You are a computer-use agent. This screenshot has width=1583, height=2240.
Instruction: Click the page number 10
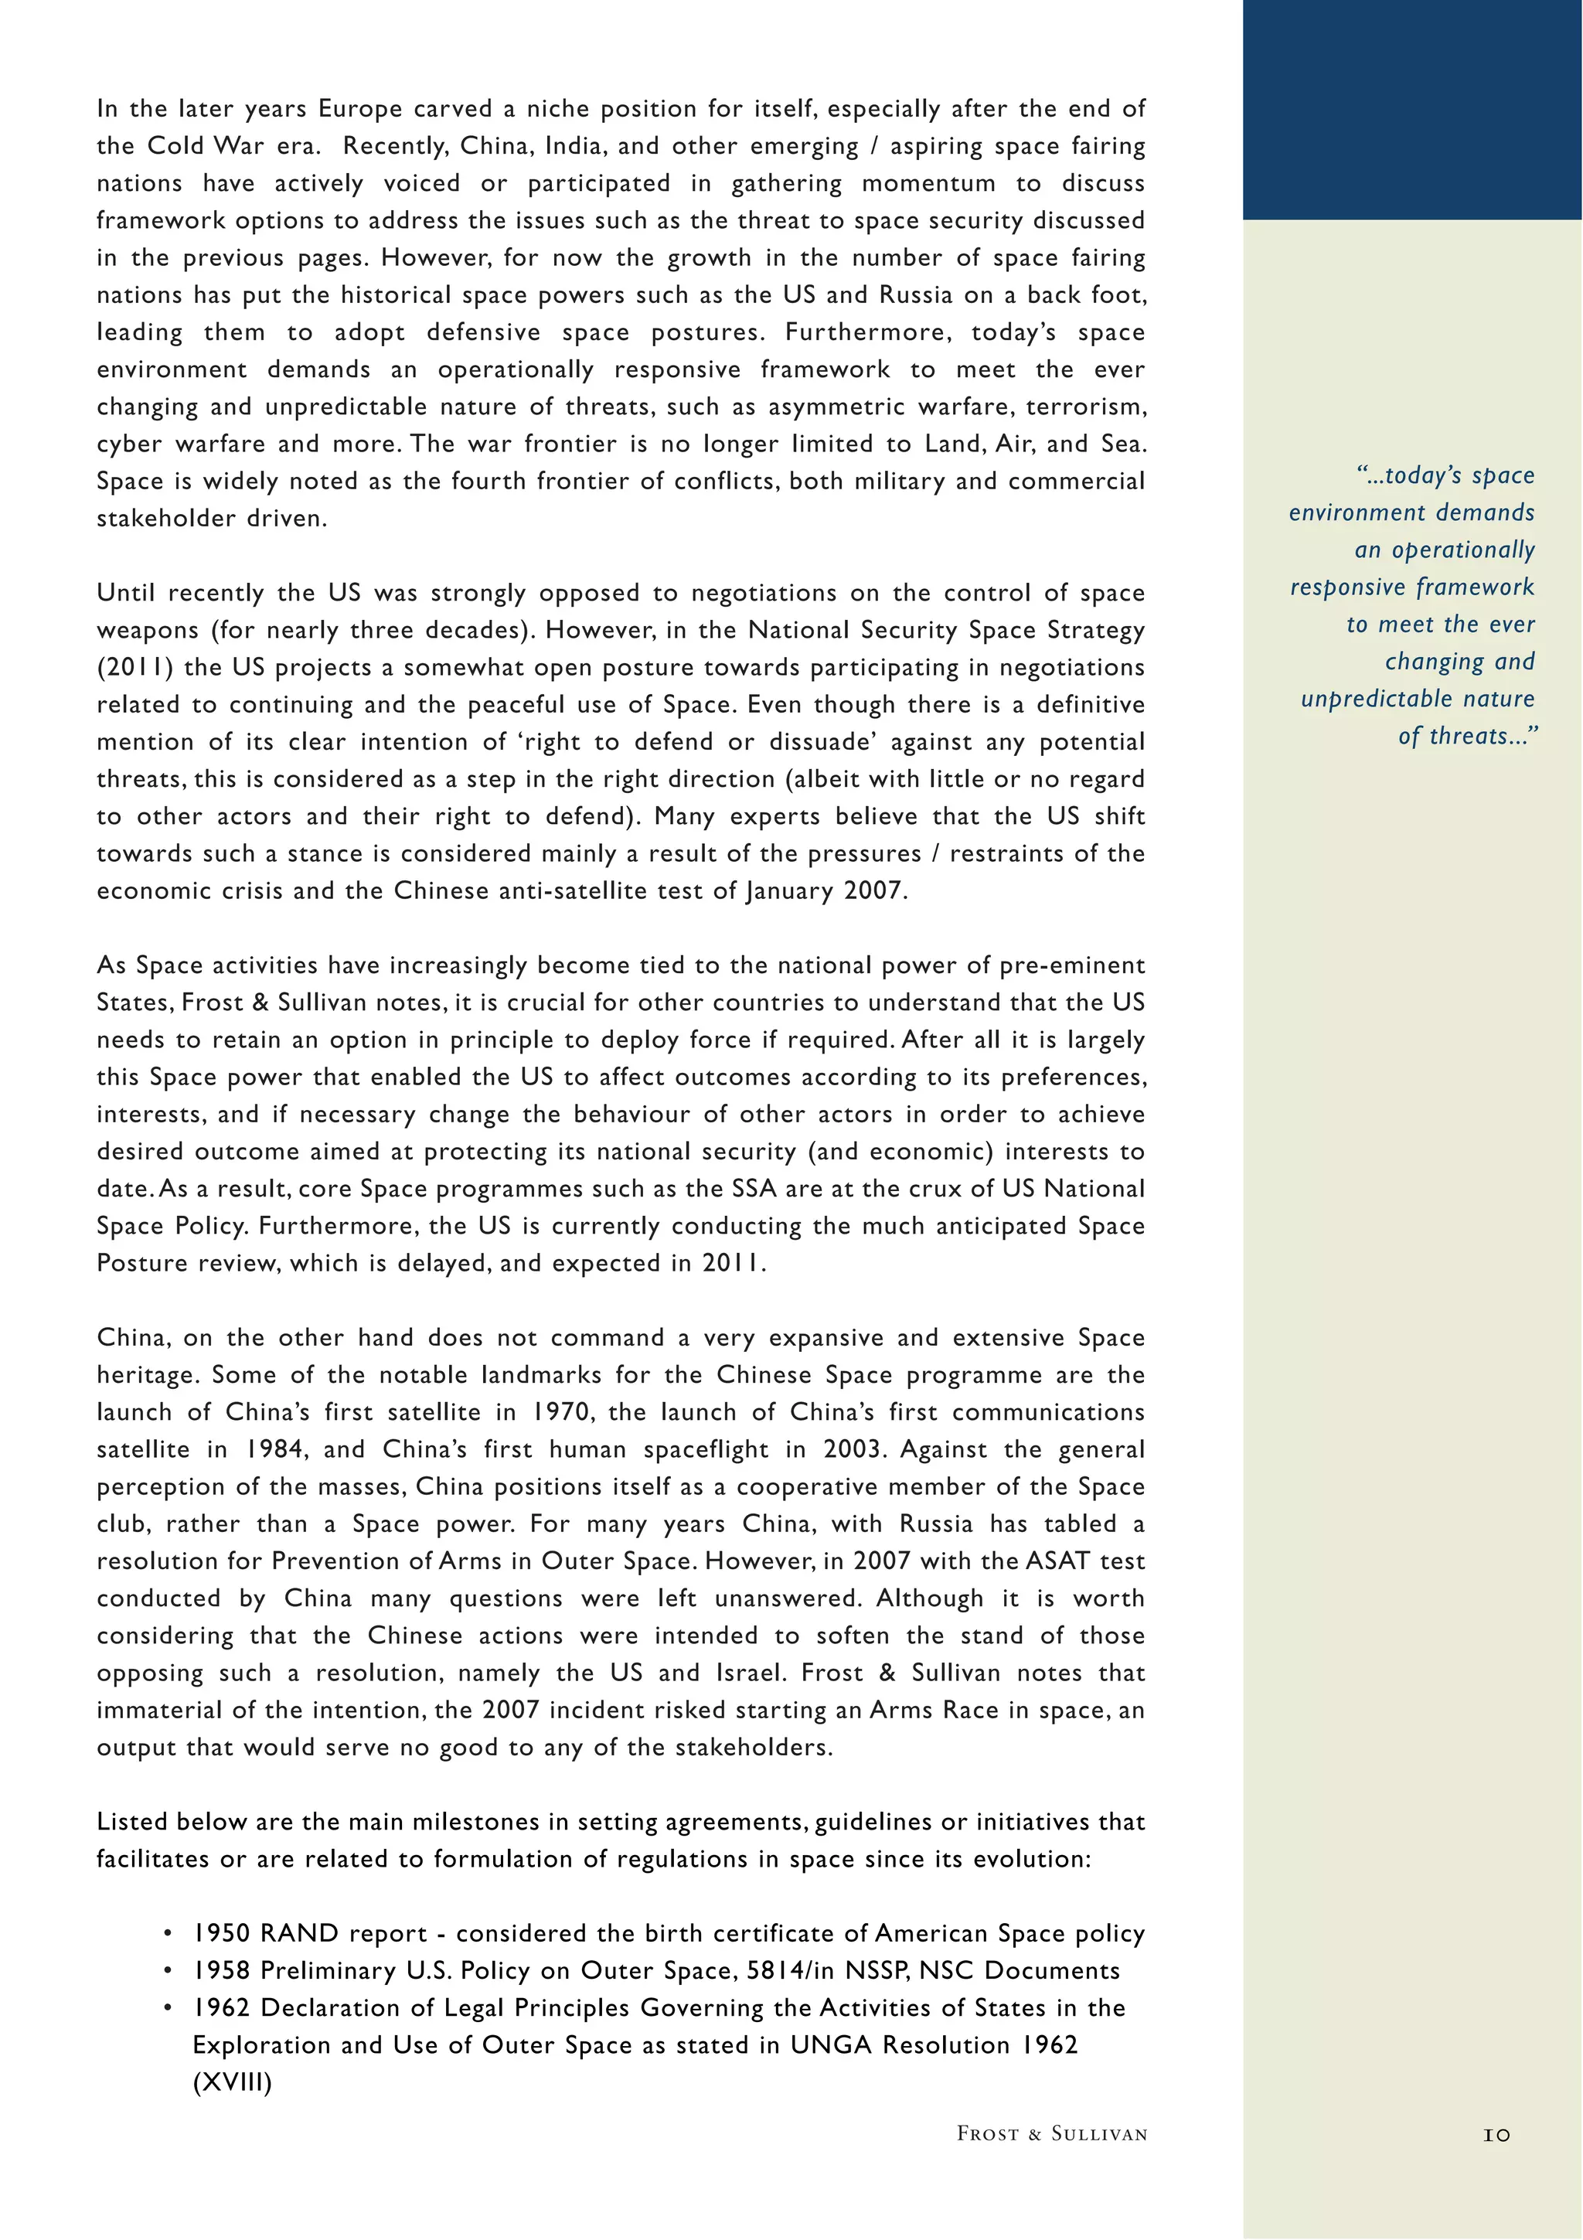1496,2135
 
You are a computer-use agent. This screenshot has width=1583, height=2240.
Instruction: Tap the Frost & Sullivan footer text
1051,2133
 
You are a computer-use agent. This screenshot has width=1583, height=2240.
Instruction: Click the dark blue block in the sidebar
1412,109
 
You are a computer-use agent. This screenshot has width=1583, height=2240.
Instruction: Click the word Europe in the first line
360,108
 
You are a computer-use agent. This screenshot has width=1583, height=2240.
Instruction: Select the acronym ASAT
1057,1561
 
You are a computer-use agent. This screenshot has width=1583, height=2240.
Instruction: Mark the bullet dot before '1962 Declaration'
168,2008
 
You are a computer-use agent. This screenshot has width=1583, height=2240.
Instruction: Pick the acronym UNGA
831,2045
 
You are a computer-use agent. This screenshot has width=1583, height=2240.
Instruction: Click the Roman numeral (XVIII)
232,2083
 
